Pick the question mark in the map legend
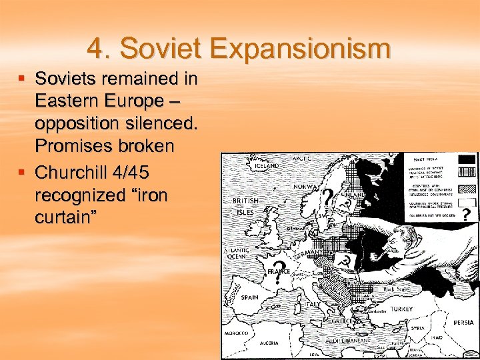[466, 213]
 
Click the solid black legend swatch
[467, 159]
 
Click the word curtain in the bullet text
[64, 218]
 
